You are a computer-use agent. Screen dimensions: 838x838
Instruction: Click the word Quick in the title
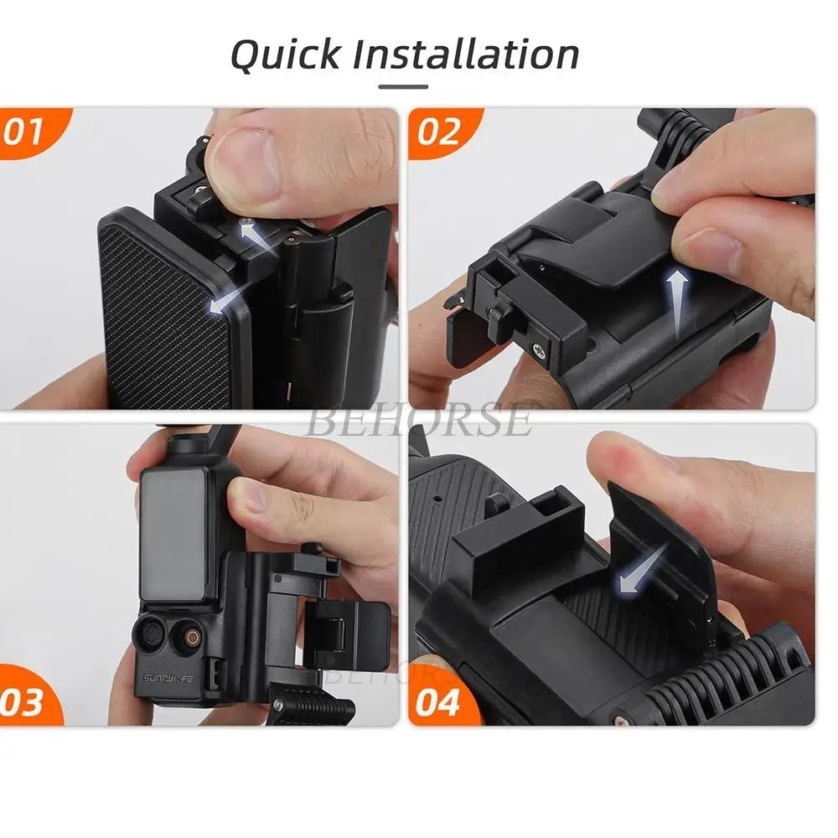pyautogui.click(x=285, y=56)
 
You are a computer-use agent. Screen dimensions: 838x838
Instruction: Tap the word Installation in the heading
pyautogui.click(x=466, y=54)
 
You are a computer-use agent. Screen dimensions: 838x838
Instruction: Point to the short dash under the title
pyautogui.click(x=403, y=86)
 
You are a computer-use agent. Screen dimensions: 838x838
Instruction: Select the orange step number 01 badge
pyautogui.click(x=25, y=132)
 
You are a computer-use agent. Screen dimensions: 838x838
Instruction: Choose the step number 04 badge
pyautogui.click(x=437, y=702)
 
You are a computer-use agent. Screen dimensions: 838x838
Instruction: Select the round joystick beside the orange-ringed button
pyautogui.click(x=153, y=634)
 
